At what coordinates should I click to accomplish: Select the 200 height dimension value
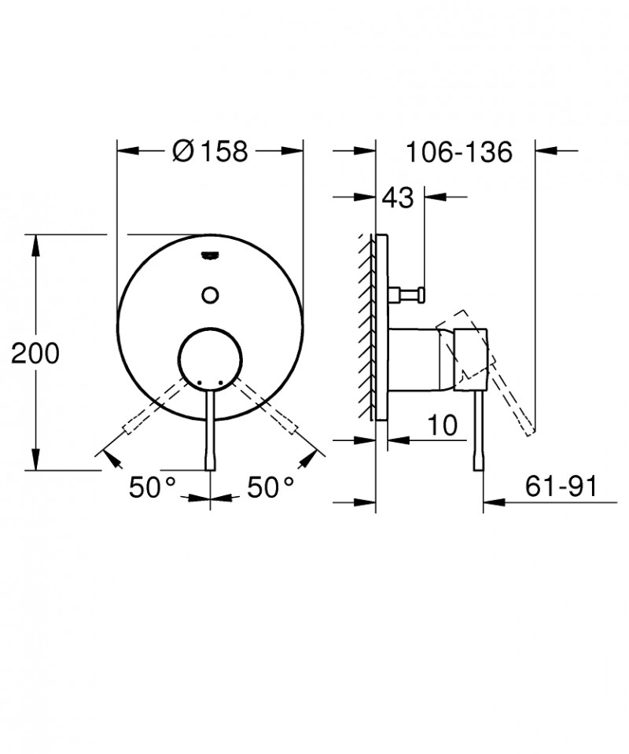click(x=35, y=354)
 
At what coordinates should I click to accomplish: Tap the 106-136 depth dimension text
click(x=459, y=150)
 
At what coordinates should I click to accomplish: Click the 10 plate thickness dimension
click(x=443, y=425)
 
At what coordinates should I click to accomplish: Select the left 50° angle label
click(x=152, y=487)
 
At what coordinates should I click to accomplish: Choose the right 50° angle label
click(x=270, y=487)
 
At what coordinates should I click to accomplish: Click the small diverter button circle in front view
click(x=210, y=295)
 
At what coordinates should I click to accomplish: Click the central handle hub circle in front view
click(x=210, y=359)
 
